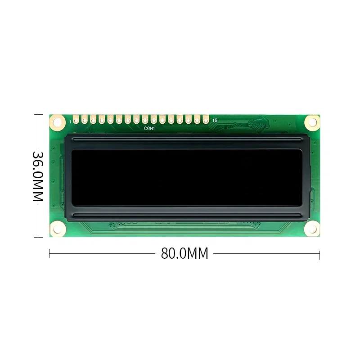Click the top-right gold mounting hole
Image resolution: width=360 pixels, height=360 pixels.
coord(311,121)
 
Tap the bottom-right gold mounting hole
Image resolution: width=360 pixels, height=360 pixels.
coord(311,229)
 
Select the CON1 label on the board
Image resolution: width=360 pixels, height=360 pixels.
coord(149,128)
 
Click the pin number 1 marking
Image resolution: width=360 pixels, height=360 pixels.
coord(70,121)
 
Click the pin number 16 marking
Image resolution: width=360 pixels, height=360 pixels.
coord(215,121)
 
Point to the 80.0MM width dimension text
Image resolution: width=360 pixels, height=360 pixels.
coord(184,253)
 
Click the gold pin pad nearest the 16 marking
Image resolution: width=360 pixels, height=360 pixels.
coord(206,120)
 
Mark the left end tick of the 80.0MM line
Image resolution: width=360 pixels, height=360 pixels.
coord(49,254)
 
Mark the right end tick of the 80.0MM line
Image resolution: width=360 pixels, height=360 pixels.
coord(319,254)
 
